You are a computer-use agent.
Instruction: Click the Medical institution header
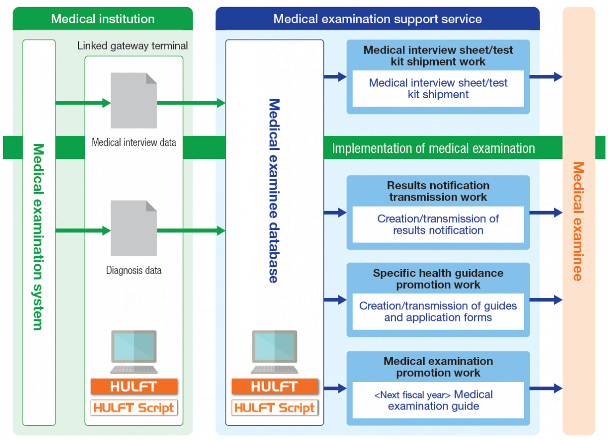tap(103, 19)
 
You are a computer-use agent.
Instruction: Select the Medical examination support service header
tap(377, 19)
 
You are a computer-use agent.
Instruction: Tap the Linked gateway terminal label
tap(133, 46)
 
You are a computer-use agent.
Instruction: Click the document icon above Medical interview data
tap(134, 100)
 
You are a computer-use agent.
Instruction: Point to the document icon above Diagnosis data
tap(134, 228)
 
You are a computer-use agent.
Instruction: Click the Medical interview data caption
tap(134, 142)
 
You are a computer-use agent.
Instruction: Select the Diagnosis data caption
tap(134, 270)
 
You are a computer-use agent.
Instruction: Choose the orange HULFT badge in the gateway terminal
tap(134, 386)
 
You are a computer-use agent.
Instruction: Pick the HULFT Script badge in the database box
tap(275, 408)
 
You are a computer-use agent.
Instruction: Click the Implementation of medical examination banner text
tap(433, 148)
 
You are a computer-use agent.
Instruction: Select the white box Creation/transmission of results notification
tap(438, 224)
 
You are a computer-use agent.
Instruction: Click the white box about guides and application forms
tap(438, 312)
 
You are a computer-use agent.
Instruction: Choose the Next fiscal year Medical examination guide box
tap(438, 400)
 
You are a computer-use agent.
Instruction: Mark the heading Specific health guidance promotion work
tap(438, 278)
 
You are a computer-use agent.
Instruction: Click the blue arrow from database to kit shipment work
tap(335, 77)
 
